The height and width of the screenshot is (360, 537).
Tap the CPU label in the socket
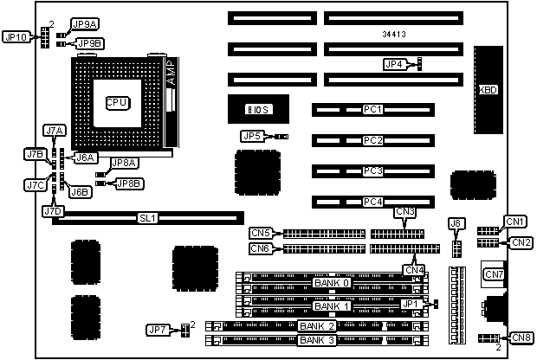(117, 102)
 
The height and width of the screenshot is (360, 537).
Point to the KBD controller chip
(488, 90)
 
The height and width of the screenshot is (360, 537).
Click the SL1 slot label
(147, 219)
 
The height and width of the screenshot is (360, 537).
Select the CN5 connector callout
(261, 232)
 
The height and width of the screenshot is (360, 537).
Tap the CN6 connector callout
(261, 249)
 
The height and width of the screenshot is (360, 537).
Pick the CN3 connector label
(404, 212)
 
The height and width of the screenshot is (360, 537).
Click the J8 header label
(456, 224)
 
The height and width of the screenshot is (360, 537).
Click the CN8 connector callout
(521, 337)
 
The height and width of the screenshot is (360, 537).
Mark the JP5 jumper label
(251, 136)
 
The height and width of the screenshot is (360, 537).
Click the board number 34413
(394, 35)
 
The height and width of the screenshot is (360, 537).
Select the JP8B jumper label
(130, 183)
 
